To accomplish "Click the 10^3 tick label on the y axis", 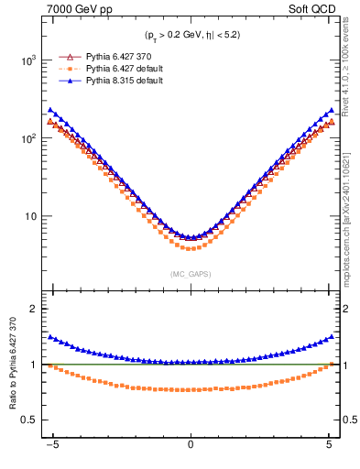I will (27, 60).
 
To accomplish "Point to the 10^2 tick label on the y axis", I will (27, 138).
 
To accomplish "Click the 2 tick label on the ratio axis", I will (36, 309).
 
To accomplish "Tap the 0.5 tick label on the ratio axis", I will (31, 420).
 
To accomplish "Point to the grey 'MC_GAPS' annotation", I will (191, 274).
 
